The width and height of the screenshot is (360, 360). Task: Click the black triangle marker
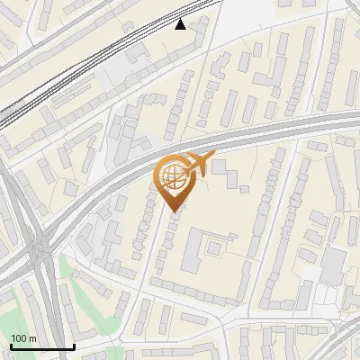[182, 24]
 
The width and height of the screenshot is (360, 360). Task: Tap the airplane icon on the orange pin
[199, 165]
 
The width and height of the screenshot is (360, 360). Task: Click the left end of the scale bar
[10, 346]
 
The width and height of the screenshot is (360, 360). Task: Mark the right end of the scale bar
[74, 346]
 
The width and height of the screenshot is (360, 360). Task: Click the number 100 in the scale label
[19, 338]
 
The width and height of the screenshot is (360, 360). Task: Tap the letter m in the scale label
[32, 338]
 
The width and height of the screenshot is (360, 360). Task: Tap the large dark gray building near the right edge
[333, 264]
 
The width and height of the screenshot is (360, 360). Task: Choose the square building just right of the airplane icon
[220, 166]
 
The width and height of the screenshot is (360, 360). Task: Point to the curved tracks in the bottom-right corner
[342, 337]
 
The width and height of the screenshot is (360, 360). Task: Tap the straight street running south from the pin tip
[153, 261]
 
